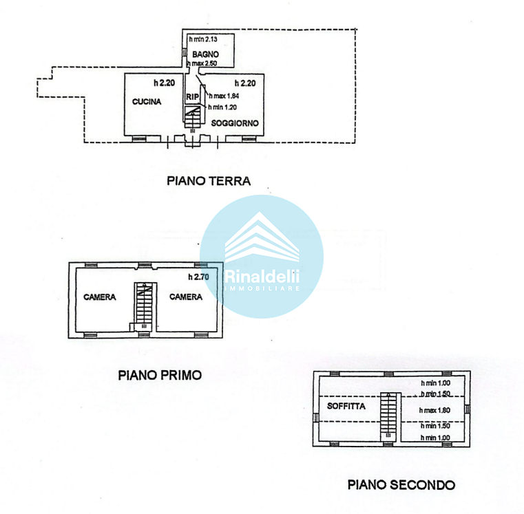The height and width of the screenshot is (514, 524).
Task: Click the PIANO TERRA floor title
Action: coord(209,181)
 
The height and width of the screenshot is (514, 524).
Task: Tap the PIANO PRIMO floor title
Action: coord(159,375)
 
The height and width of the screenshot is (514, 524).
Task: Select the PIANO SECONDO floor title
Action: coord(401,484)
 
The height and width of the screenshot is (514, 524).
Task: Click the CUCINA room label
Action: coord(147,102)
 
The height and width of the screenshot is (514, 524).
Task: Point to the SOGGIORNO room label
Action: coord(235,123)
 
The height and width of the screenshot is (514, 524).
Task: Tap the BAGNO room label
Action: coord(205,54)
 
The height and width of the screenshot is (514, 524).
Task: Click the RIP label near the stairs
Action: coord(191,96)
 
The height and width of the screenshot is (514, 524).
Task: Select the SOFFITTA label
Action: coord(346,406)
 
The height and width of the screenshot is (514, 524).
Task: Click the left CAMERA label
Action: coord(100,297)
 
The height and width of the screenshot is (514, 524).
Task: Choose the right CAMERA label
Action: coord(186,297)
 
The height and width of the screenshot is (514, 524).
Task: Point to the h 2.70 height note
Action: coord(198,277)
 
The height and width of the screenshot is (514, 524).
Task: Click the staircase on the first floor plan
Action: coord(143,303)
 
